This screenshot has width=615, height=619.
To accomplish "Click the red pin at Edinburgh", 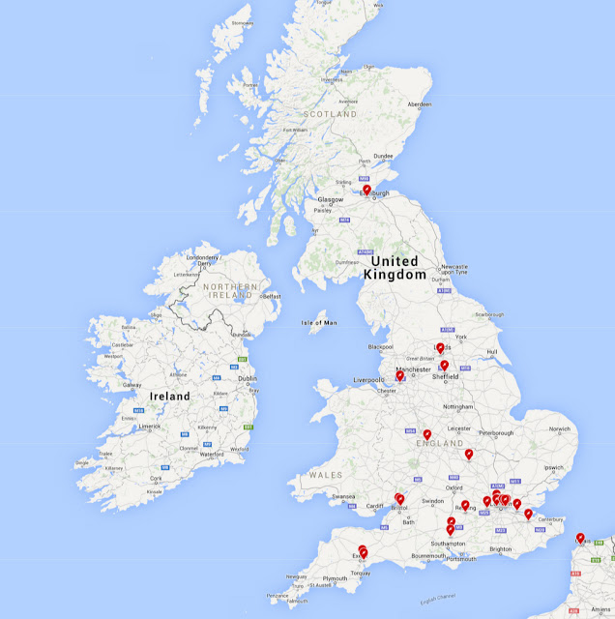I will (366, 191).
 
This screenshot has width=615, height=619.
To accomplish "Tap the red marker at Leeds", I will (440, 347).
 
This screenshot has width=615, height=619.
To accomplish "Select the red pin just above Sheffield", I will (445, 365).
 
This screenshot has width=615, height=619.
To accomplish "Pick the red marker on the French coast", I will (580, 538).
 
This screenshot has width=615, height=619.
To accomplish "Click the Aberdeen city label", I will (419, 103).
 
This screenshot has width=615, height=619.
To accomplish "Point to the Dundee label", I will (383, 156).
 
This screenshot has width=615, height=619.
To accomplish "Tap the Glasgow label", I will (331, 199).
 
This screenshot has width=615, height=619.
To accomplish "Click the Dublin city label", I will (248, 379).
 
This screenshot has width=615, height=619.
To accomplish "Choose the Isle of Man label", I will (318, 322).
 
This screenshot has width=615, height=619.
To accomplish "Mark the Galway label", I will (132, 384).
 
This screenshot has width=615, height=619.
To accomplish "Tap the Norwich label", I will (562, 428).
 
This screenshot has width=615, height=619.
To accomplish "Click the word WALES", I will (327, 475).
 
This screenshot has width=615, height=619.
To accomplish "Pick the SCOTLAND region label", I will (331, 114).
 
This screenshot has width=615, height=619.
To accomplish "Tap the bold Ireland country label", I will (169, 396).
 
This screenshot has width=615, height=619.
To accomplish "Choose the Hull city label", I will (491, 351).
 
